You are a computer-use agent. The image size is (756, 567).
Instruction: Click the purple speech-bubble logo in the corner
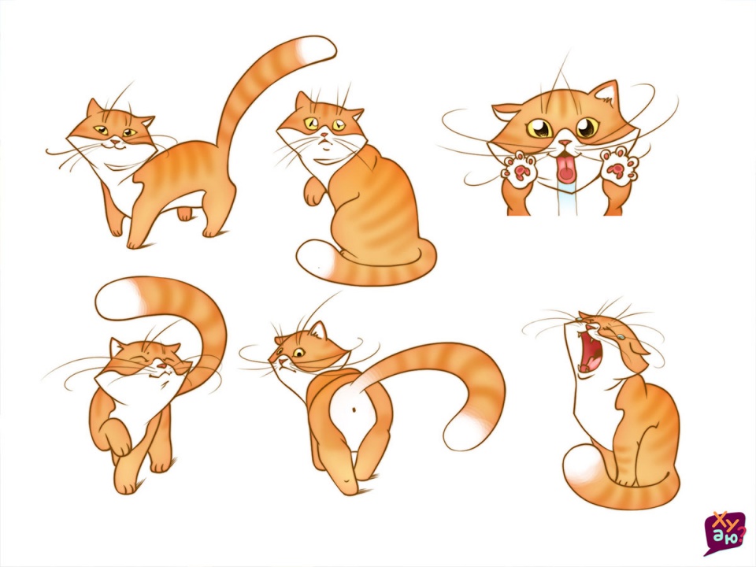click(x=724, y=532)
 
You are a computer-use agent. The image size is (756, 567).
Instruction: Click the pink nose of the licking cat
click(x=565, y=143)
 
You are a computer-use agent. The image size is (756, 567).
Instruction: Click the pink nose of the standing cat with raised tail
click(x=114, y=142)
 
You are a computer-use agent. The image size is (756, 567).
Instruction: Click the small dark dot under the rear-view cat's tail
click(x=354, y=410)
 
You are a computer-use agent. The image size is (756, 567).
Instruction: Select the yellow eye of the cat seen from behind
click(x=298, y=353)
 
